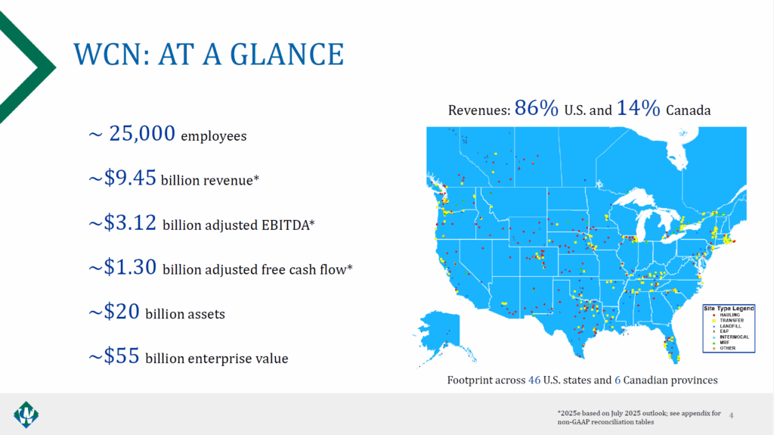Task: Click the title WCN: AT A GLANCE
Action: [209, 54]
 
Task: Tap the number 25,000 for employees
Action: [143, 135]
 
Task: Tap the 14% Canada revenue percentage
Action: [639, 108]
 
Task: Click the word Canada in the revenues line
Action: [689, 110]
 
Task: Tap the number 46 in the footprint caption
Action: [534, 380]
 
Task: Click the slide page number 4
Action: [732, 414]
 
